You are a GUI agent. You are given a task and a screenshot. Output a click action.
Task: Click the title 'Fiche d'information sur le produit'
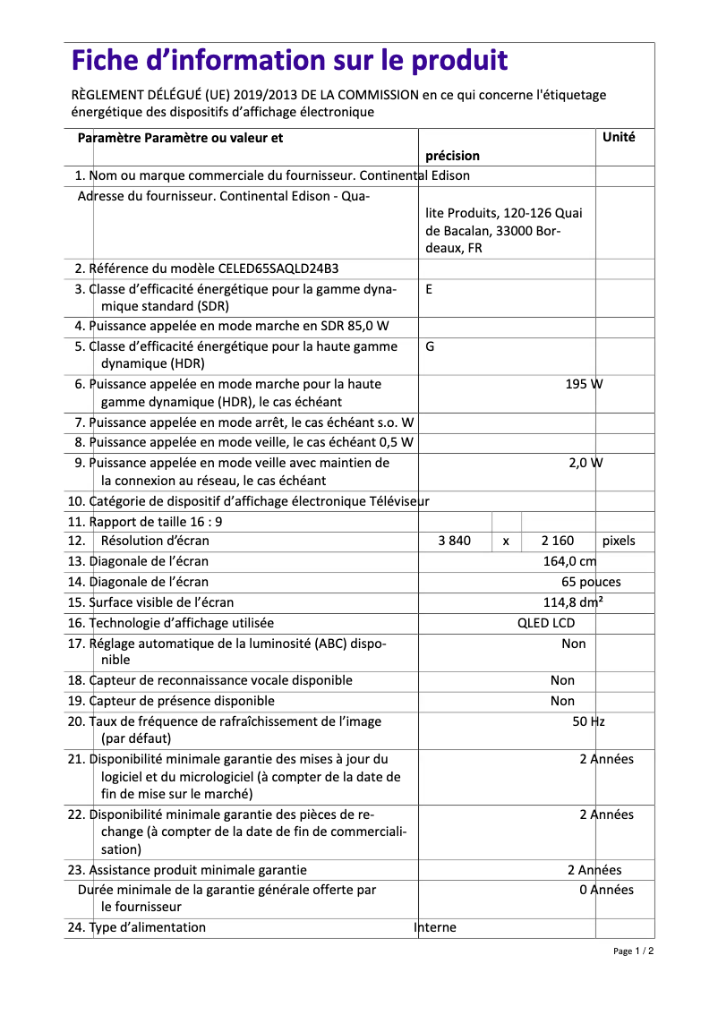click(289, 61)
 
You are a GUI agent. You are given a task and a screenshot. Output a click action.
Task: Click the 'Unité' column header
click(619, 138)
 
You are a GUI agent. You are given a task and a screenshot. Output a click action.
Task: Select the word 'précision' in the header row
click(452, 156)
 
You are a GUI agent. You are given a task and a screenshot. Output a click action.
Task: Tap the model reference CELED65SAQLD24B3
click(278, 269)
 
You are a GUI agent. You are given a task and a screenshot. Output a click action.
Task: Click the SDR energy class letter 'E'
click(430, 289)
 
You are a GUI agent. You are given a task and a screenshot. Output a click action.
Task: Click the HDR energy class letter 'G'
click(430, 345)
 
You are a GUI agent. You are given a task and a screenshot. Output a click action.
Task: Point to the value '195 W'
click(584, 384)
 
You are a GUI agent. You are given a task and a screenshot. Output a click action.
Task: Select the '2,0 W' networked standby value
click(586, 463)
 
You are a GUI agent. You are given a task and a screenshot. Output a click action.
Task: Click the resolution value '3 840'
click(454, 541)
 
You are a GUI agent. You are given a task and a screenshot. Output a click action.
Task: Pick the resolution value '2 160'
click(558, 541)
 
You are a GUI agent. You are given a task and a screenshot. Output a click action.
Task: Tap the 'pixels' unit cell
click(619, 541)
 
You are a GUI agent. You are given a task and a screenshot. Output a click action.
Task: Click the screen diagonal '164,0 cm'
click(569, 561)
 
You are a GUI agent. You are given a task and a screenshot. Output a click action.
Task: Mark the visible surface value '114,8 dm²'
click(573, 602)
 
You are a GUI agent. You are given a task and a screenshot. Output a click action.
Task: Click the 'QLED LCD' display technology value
click(546, 623)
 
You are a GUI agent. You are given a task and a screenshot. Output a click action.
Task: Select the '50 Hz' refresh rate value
click(588, 721)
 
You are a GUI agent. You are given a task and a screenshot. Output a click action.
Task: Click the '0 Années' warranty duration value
click(606, 890)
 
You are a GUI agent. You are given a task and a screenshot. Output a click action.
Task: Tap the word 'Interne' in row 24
click(435, 927)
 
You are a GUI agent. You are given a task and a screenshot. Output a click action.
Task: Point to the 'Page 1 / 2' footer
click(633, 951)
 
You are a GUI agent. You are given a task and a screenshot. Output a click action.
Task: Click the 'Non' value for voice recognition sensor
click(562, 680)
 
